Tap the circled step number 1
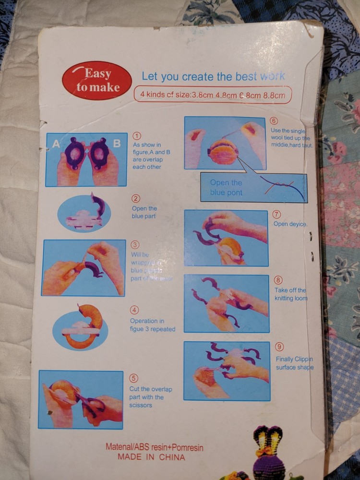(137, 136)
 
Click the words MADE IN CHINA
(151, 457)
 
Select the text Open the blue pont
(226, 188)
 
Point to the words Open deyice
(290, 224)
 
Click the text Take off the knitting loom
(290, 294)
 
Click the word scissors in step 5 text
(141, 405)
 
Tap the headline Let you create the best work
(213, 76)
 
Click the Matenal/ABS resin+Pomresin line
(154, 447)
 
